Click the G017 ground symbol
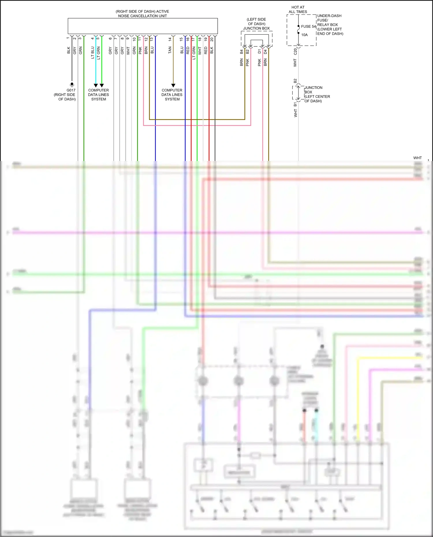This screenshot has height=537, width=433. click(x=72, y=85)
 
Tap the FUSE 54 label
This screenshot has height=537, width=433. click(x=308, y=27)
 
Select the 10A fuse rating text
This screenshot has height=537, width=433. click(x=304, y=35)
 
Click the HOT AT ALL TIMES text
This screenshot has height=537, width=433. click(x=298, y=10)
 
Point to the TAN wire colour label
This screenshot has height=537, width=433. click(x=170, y=50)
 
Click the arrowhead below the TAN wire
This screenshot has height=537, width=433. click(x=173, y=85)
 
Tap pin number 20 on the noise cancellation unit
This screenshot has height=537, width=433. click(x=212, y=39)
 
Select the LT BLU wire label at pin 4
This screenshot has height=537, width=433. click(x=92, y=53)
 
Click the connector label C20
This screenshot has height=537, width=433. click(x=295, y=52)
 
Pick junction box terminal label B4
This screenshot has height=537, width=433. click(x=241, y=52)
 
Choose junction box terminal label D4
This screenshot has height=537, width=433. click(x=265, y=52)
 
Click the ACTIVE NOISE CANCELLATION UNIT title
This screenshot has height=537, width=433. click(x=142, y=14)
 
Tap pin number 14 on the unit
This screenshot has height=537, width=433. click(x=170, y=39)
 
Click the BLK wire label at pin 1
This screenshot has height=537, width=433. click(x=68, y=50)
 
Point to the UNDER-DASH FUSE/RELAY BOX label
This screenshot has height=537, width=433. click(x=330, y=25)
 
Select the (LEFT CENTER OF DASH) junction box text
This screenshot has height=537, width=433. click(x=317, y=99)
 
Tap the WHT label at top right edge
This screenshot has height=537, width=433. click(x=417, y=158)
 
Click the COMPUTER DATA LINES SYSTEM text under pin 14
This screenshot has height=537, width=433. click(x=172, y=95)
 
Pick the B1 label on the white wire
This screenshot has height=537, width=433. click(x=295, y=104)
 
